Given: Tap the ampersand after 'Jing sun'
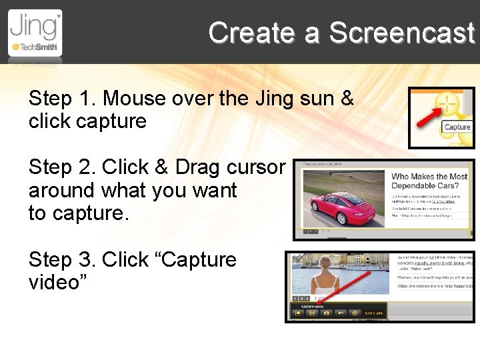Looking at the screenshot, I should click(x=347, y=99).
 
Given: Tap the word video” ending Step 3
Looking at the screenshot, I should click(x=55, y=282).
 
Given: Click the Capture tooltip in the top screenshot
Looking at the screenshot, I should click(x=457, y=127).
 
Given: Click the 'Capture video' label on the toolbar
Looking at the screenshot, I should click(x=307, y=306).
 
